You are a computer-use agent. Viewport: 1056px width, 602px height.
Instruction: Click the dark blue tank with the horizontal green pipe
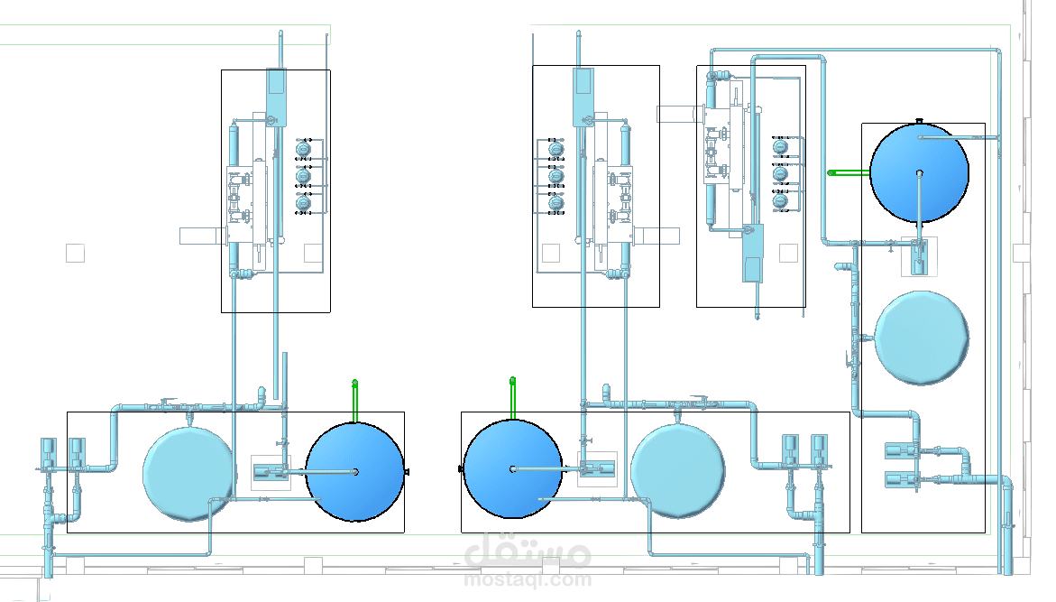(x=919, y=172)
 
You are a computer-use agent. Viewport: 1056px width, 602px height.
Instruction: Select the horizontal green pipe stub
(x=849, y=172)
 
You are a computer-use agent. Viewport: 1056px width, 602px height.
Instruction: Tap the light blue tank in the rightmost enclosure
(x=922, y=338)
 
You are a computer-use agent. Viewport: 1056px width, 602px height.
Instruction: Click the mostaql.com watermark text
(x=528, y=579)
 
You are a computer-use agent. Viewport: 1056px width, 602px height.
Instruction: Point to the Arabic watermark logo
(x=528, y=551)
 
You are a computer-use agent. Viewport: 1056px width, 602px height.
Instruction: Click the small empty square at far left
(x=75, y=253)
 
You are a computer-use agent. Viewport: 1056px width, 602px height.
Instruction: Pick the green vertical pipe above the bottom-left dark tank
(x=354, y=401)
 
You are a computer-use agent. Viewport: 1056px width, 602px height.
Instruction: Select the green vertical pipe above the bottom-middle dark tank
(x=512, y=398)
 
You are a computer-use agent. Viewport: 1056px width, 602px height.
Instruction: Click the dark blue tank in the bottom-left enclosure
(x=355, y=472)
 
